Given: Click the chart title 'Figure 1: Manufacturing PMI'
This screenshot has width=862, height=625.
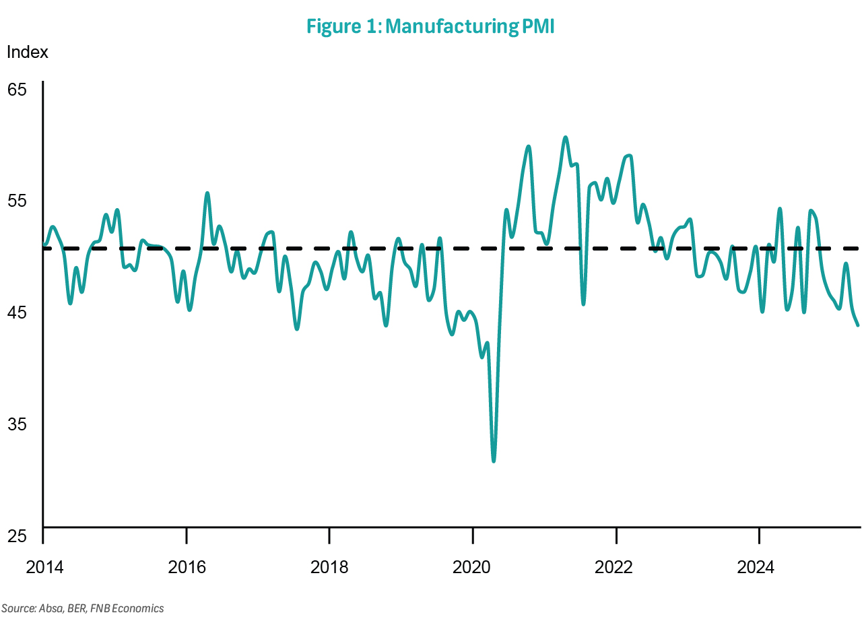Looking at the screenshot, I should coord(430,26).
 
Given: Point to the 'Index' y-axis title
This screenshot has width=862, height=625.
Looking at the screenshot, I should coord(28,53).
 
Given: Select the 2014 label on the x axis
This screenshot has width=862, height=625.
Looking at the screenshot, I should coord(44,568).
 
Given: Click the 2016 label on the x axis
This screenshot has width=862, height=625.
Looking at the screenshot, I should coord(187,568).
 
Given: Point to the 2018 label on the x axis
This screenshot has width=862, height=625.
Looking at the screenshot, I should coord(329,568).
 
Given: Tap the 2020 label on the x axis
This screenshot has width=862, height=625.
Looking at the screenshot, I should coord(473,568).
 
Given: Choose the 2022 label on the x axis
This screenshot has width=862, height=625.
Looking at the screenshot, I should coord(616,568).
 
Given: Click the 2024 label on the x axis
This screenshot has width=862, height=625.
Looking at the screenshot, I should coord(759,568).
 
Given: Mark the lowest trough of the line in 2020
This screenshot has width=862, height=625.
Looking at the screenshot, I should coord(494,461).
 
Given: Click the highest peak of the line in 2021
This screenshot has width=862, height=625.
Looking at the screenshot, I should coord(566,137).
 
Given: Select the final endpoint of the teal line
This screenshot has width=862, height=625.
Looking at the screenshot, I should coord(858,325).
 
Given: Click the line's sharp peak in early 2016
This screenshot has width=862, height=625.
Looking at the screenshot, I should coord(207,193).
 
